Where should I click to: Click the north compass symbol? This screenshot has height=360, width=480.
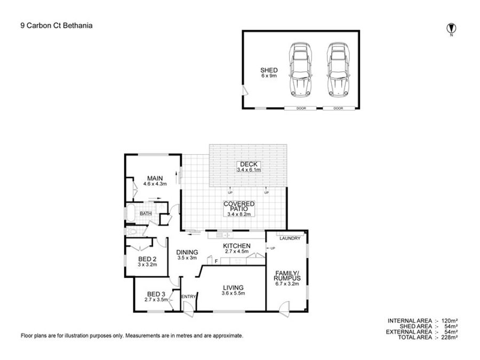click(x=451, y=28)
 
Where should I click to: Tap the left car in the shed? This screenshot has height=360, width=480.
click(x=300, y=69)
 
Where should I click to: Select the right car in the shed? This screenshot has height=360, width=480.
click(x=338, y=69)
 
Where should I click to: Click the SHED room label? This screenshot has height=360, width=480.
click(x=269, y=70)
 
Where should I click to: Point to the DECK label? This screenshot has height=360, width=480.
click(x=249, y=164)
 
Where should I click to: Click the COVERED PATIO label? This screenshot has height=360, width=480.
click(x=239, y=206)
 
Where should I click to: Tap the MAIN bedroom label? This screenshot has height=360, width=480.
click(x=155, y=178)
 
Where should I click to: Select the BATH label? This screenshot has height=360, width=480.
click(x=146, y=213)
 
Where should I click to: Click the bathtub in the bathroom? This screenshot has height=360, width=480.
click(x=130, y=213)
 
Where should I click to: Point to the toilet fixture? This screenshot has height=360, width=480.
click(x=131, y=232)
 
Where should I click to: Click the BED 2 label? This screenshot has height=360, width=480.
click(x=147, y=259)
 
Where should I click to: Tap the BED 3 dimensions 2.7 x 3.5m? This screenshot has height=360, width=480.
click(x=156, y=300)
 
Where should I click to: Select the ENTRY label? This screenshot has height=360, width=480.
click(x=189, y=297)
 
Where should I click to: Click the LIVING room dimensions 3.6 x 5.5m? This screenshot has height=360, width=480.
click(x=233, y=293)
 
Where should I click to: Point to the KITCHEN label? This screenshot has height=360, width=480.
click(x=237, y=246)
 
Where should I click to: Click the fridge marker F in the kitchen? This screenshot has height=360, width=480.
click(x=217, y=261)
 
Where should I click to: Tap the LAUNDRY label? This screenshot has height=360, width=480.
click(x=290, y=238)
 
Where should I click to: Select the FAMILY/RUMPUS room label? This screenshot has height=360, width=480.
click(x=287, y=276)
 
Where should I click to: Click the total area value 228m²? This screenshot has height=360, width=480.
click(x=450, y=338)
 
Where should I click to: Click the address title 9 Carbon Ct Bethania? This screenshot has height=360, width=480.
click(x=57, y=26)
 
